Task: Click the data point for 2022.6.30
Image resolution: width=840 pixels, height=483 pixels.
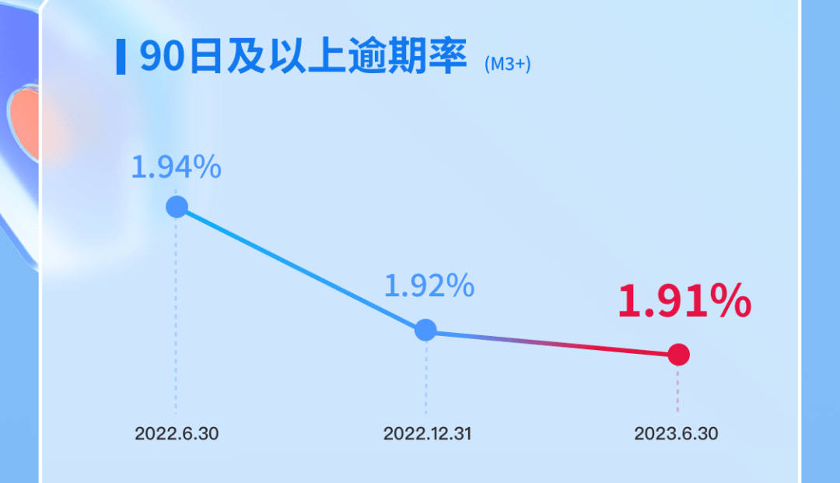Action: [177, 207]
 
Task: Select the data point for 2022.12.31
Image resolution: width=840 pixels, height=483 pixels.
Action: [425, 330]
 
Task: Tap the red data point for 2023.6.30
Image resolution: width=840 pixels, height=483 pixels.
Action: [678, 355]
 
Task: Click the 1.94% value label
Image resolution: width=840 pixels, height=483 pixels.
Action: [177, 167]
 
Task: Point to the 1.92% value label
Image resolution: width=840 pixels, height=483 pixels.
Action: [429, 286]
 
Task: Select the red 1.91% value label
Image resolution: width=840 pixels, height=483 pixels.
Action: [684, 302]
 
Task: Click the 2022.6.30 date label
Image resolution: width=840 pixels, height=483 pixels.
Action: [177, 433]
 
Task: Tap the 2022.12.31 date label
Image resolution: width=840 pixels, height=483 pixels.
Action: [427, 433]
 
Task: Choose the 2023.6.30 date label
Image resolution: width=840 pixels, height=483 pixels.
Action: [676, 433]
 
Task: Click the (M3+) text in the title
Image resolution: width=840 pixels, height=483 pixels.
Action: [507, 65]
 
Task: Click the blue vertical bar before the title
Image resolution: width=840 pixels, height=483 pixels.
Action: [121, 57]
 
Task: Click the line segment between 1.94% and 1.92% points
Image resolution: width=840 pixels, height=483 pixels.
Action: [302, 268]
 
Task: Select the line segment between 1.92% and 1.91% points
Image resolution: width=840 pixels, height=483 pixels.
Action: [552, 342]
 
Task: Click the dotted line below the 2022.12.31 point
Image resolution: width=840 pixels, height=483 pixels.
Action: [426, 377]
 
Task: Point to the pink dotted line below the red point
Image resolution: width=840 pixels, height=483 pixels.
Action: [677, 389]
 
